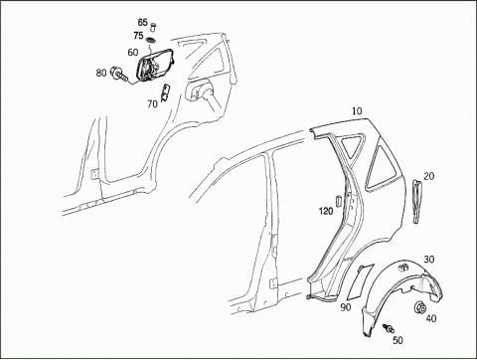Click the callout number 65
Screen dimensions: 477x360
[x=142, y=23]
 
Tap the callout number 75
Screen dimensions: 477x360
[x=138, y=36]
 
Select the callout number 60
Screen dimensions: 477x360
[x=133, y=53]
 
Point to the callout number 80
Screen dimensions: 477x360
[x=101, y=73]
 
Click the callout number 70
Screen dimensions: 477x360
[x=152, y=104]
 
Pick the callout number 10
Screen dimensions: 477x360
[x=357, y=111]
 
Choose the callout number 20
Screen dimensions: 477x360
[x=429, y=176]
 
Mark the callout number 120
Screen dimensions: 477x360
[x=326, y=211]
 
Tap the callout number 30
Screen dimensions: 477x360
[x=429, y=260]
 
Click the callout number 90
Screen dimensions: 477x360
[x=346, y=307]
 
